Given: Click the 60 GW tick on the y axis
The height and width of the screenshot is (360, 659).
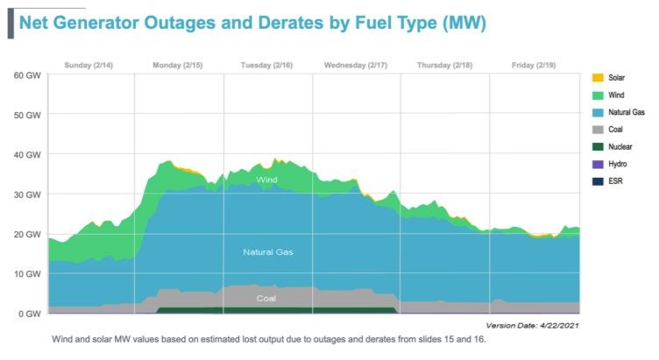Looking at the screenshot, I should tap(26, 74).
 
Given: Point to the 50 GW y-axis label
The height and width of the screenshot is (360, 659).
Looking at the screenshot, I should tap(26, 115).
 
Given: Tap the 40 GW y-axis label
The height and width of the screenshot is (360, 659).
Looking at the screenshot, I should tap(26, 154).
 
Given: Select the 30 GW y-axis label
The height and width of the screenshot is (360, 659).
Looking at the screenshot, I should tap(26, 194).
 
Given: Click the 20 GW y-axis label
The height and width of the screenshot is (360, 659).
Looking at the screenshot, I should tap(26, 234).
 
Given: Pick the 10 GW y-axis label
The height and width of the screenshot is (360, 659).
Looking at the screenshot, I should tap(26, 273).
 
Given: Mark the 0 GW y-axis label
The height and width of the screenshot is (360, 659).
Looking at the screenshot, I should tap(28, 314).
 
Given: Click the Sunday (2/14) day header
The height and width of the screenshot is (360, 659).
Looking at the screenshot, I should tap(90, 65).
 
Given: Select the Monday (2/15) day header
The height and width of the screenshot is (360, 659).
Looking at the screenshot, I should tap(179, 65).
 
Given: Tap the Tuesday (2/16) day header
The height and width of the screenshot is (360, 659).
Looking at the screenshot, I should tap(267, 65).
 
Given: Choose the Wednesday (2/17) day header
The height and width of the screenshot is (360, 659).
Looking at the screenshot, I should tap(356, 65).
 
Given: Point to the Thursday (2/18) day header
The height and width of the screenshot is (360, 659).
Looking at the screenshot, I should tap(444, 65).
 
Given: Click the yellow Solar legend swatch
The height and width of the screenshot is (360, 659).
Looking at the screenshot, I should tap(599, 78).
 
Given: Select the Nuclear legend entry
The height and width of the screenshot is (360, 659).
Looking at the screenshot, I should tap(620, 146).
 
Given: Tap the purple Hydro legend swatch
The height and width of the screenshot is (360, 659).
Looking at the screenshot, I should tap(599, 164).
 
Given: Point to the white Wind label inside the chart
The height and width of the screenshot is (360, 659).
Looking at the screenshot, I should tap(267, 180).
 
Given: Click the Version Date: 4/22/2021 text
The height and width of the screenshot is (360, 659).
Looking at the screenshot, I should tap(534, 324).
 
